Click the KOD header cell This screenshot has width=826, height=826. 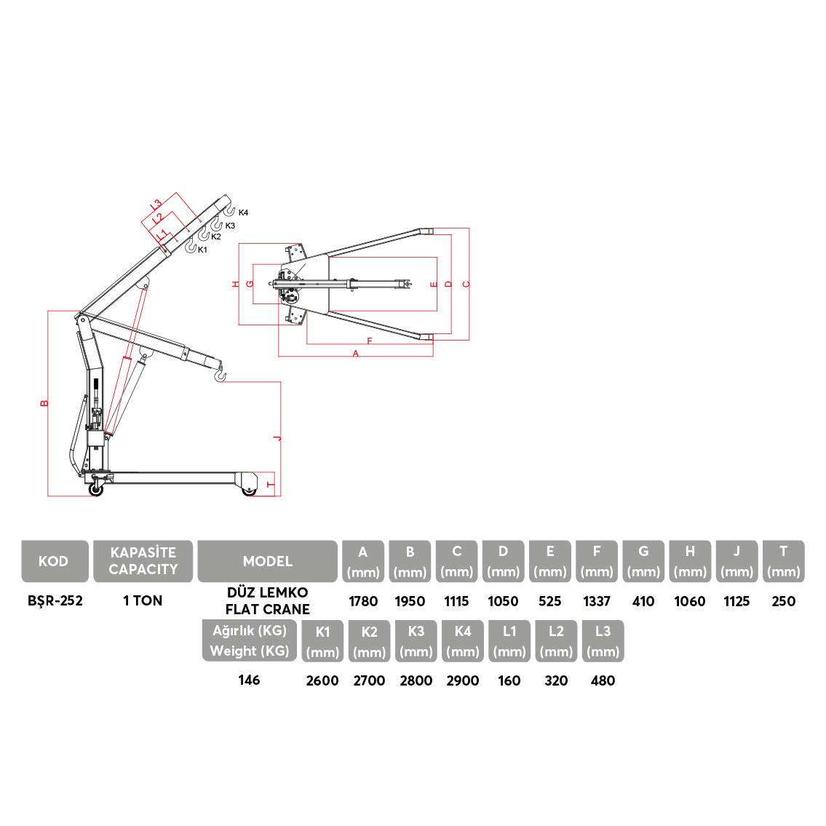pos(55,561)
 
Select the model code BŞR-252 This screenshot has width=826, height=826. pos(55,600)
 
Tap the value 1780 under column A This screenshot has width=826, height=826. pos(363,601)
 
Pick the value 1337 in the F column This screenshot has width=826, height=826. pos(596,601)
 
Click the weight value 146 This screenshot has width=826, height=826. pos(249,680)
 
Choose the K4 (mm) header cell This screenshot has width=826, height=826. pos(463,641)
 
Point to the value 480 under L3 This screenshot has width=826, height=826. pos(603,680)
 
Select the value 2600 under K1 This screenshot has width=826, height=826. pos(322,680)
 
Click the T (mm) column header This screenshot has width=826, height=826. pos(783,561)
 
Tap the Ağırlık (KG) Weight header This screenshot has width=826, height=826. pos(249,640)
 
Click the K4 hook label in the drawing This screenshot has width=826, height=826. pos(243,213)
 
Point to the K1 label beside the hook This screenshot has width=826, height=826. pos(203,250)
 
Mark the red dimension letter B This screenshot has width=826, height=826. pos(44,403)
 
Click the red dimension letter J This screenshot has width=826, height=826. pos(277,438)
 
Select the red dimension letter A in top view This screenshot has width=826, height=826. pos(356,354)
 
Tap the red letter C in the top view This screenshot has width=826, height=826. pos(466,285)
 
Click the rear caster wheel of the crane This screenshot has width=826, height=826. pos(95,490)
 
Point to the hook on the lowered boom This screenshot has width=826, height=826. pos(221,375)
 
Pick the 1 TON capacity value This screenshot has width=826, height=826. pos(143,600)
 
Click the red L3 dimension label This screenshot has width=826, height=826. pos(156,204)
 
